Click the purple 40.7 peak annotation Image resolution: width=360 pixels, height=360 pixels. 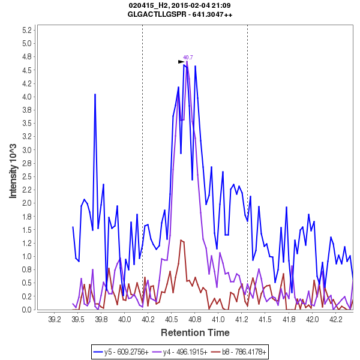pos(188,58)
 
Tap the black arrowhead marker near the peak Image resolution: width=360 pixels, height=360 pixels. pos(181,62)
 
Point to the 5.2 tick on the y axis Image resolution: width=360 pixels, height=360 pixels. pos(26,30)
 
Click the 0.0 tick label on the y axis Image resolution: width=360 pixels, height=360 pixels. pos(26,310)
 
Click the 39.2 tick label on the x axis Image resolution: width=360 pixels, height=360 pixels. pos(55,320)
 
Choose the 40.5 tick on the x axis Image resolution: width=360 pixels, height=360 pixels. pos(172,320)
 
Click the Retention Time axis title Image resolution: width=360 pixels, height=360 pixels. pos(195,332)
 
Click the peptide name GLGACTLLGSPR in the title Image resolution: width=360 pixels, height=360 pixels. pos(158,14)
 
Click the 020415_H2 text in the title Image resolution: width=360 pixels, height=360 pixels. pos(148,5)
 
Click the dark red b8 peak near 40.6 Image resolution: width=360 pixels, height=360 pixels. pos(181,241)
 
